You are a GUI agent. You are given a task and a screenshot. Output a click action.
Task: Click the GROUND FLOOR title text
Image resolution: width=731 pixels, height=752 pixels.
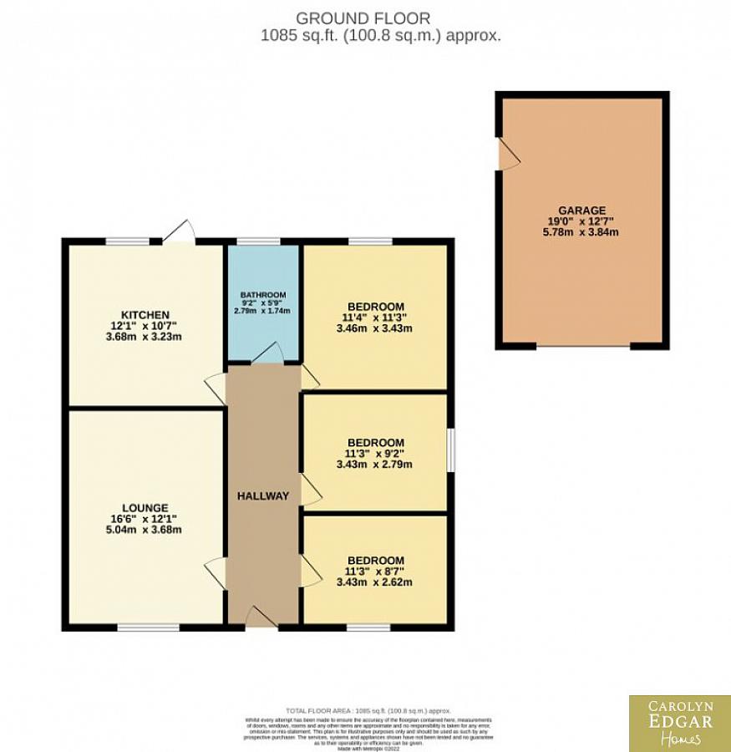coord(363,18)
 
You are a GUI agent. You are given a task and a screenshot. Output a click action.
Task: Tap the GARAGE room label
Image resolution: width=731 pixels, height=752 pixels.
coord(582,210)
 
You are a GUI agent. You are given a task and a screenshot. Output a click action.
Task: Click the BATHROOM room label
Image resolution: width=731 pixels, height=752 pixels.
coord(263,295)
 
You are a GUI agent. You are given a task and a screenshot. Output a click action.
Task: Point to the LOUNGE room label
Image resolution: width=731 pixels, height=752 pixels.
coord(145,507)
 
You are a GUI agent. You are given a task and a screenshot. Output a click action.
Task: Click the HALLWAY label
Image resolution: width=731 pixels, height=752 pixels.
coord(262,495)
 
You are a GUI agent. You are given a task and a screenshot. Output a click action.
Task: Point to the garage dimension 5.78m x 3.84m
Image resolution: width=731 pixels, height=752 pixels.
coord(582,232)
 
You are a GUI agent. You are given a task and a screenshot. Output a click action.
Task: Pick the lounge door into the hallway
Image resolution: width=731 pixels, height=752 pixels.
coord(216,573)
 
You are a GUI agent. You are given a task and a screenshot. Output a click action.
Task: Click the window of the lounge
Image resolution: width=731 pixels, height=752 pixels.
coord(148,626)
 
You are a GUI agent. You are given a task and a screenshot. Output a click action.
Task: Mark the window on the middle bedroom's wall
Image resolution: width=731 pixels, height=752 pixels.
coord(450,451)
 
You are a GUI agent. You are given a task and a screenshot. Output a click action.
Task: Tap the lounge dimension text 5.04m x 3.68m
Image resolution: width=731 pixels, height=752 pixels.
coord(145,529)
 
